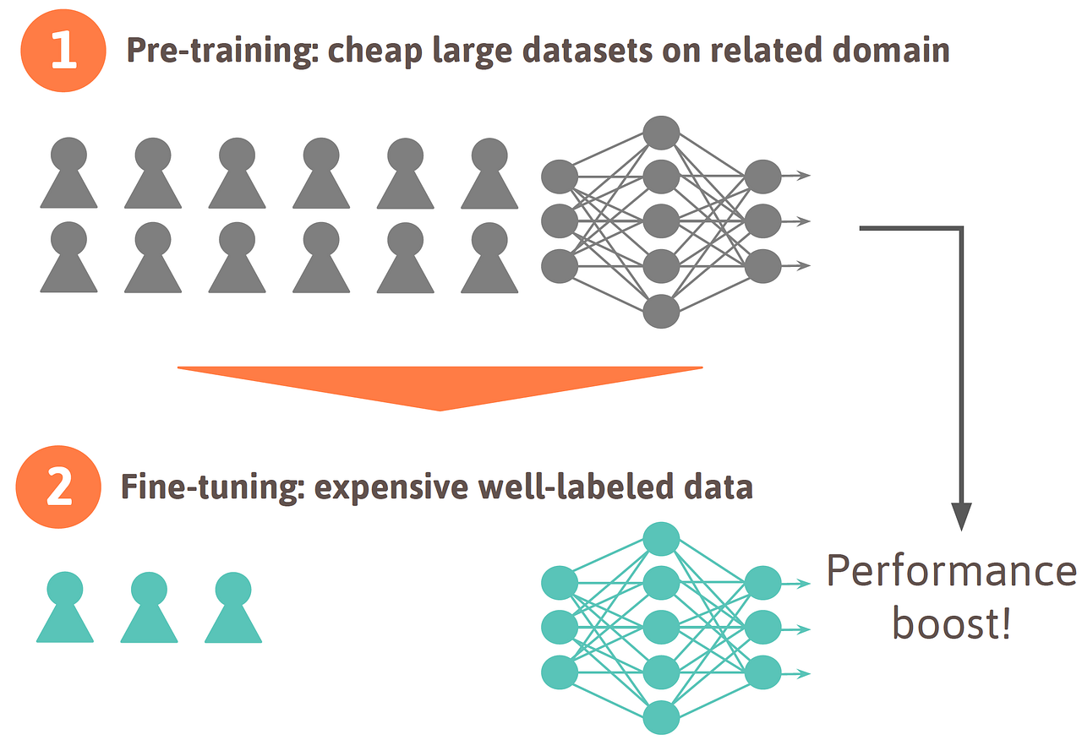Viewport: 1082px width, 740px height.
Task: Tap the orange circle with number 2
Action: point(58,488)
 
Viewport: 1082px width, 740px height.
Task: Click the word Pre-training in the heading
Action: point(219,52)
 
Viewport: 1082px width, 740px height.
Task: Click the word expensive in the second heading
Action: point(391,488)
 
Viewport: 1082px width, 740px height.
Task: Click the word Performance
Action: point(950,573)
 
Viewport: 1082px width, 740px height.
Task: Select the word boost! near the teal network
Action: point(952,626)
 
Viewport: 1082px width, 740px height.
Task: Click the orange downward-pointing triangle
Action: point(440,385)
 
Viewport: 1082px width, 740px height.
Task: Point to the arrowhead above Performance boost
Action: point(961,515)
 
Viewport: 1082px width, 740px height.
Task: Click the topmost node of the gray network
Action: point(661,133)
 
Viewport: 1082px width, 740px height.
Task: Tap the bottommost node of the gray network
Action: point(661,311)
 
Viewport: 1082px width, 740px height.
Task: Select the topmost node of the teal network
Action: point(661,539)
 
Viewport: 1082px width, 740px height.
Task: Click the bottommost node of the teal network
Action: point(661,717)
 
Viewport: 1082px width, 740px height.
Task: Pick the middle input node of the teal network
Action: point(560,628)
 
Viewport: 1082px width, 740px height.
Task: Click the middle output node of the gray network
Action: point(763,221)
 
